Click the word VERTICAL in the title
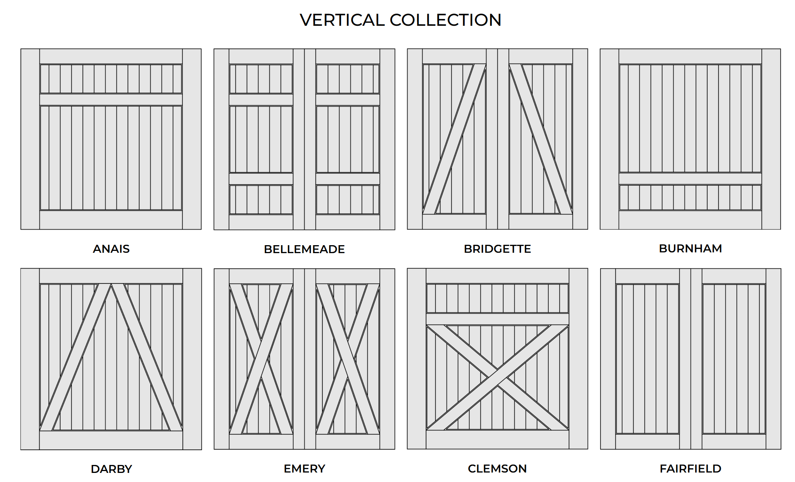[x=342, y=20]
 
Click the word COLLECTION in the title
[x=445, y=20]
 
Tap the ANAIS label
[x=111, y=249]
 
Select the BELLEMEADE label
[x=304, y=249]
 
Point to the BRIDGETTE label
[x=497, y=249]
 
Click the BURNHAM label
[x=690, y=248]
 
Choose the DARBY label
[x=111, y=469]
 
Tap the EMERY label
[x=304, y=468]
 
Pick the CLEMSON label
[x=497, y=468]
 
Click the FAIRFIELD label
[x=690, y=468]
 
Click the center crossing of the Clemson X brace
[x=497, y=377]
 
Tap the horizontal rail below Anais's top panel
[x=111, y=100]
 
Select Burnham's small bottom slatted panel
[x=690, y=197]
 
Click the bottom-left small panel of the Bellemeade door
[x=261, y=200]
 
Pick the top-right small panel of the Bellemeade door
[x=348, y=79]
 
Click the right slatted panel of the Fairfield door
[x=734, y=359]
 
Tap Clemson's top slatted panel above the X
[x=497, y=298]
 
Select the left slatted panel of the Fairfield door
[x=647, y=359]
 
